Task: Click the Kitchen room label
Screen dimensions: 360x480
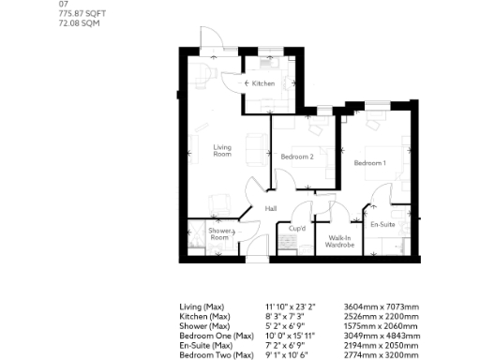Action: coord(263,84)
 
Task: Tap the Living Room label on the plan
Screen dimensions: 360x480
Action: coord(222,150)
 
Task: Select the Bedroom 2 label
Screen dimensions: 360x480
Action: coord(297,157)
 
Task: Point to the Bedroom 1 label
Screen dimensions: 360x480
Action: coord(369,163)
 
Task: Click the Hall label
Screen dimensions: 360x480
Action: coord(271,208)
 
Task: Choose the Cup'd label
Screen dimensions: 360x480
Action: coord(297,228)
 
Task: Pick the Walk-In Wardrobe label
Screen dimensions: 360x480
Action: coord(338,240)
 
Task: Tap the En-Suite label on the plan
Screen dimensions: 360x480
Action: coord(382,226)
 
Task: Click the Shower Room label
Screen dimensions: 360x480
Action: coord(219,233)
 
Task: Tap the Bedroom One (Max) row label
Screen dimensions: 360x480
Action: coord(217,336)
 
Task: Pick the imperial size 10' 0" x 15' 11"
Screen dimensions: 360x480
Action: coord(292,336)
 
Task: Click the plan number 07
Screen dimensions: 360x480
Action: coord(63,4)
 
